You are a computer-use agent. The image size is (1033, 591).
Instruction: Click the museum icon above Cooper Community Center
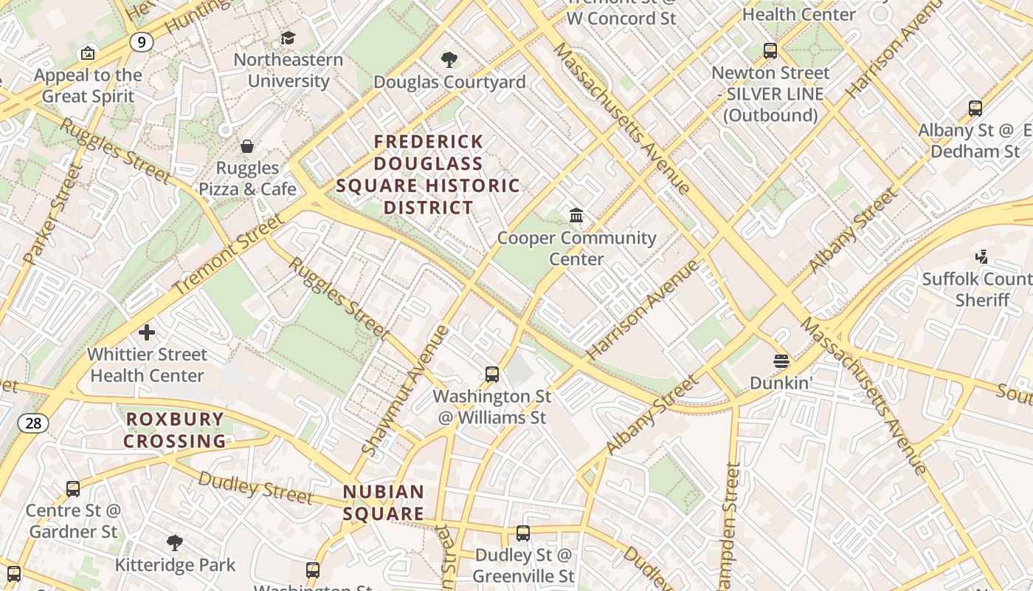pos(576,216)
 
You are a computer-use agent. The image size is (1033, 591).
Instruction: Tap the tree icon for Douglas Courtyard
pos(449,60)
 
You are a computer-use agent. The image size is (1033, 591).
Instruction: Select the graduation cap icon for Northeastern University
pos(288,38)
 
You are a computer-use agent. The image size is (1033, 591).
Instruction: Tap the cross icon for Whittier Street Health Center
pos(147,332)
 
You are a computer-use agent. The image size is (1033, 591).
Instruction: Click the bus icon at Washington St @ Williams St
pos(492,375)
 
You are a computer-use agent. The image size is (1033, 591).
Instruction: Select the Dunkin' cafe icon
pos(781,361)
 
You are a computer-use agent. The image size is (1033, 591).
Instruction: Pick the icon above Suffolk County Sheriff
pos(981,257)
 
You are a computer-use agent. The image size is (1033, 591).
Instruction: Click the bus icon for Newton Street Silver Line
pos(770,51)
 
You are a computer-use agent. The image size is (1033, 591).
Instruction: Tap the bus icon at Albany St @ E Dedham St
pos(975,109)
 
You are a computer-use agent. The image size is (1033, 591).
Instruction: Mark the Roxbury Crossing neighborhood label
pos(174,430)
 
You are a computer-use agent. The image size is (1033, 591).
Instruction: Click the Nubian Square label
pos(384,502)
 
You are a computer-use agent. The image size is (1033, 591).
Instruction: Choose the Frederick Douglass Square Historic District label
pos(428,174)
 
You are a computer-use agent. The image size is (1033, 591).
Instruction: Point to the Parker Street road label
pos(52,215)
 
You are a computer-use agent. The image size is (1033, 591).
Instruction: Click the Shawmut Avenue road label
pos(406,389)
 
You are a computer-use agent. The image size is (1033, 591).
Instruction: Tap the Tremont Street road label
pos(228,254)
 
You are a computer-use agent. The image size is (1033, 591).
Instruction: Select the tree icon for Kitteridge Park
pos(175,544)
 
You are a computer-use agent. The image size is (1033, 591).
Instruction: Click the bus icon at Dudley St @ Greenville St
pos(523,533)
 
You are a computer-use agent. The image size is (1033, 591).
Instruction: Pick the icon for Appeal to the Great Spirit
pos(88,53)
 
